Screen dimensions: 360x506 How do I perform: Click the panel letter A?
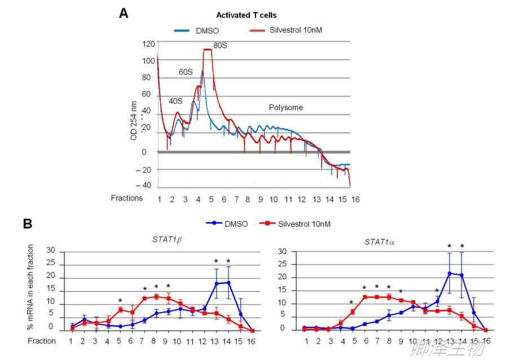(x=124, y=13)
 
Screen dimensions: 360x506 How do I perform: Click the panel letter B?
(x=27, y=223)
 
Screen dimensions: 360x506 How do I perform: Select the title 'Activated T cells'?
(x=246, y=15)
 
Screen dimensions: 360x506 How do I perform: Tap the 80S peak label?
(x=220, y=45)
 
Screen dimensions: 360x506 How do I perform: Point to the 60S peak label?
(x=186, y=72)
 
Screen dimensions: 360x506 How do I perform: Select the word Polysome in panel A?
(x=285, y=107)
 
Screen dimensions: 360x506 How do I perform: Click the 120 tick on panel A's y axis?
(x=148, y=44)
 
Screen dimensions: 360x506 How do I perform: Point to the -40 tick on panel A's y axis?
(x=147, y=186)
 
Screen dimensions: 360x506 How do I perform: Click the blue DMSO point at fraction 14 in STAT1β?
(x=228, y=283)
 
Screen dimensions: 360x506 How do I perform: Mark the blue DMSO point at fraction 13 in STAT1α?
(x=450, y=274)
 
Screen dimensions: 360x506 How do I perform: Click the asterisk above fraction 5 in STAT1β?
(x=121, y=301)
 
